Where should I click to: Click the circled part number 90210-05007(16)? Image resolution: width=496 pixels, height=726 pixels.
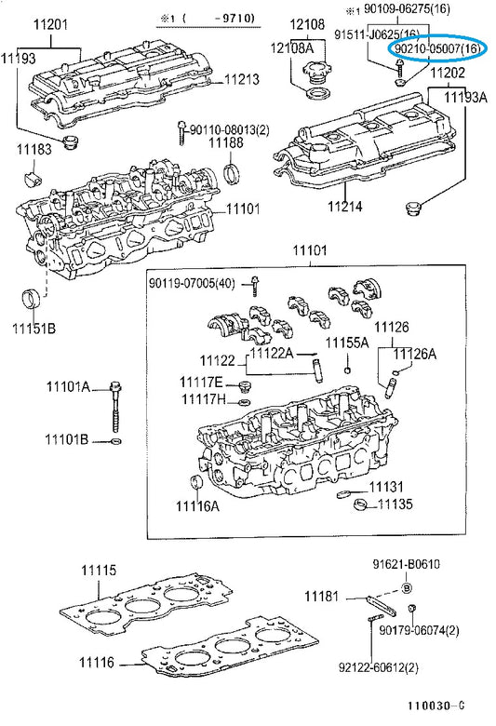436,48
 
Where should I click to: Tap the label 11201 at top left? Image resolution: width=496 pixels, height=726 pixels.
51,24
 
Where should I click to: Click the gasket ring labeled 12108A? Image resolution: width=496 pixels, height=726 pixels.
318,94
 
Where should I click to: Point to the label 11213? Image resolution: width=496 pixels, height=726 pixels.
242,79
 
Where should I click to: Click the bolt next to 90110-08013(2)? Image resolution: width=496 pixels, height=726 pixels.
181,133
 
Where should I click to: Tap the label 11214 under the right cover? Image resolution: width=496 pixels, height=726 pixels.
345,206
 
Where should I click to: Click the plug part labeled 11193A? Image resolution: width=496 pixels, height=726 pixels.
411,208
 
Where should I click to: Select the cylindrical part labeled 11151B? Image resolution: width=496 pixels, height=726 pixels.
33,301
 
